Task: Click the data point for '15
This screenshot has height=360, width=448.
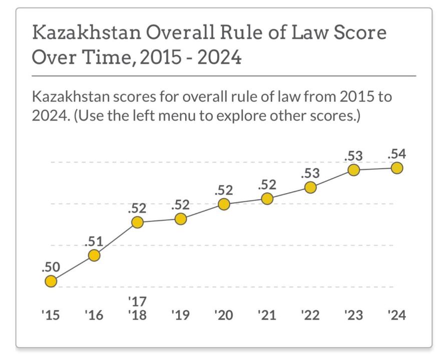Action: pyautogui.click(x=51, y=281)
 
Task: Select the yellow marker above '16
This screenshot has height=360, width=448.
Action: pyautogui.click(x=94, y=255)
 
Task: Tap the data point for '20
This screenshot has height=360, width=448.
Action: pyautogui.click(x=224, y=204)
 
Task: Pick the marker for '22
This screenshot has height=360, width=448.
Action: pyautogui.click(x=310, y=188)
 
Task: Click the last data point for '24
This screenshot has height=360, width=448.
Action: pyautogui.click(x=396, y=168)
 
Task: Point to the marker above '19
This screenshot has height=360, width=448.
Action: pyautogui.click(x=181, y=219)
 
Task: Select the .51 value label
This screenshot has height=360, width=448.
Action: pyautogui.click(x=94, y=241)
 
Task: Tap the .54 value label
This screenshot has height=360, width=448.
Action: pyautogui.click(x=396, y=154)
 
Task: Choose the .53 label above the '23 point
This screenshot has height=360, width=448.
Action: pyautogui.click(x=353, y=156)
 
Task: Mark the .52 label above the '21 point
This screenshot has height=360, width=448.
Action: pyautogui.click(x=267, y=185)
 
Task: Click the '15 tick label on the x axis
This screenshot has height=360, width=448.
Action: pyautogui.click(x=51, y=315)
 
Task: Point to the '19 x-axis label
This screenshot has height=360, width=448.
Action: pyautogui.click(x=181, y=315)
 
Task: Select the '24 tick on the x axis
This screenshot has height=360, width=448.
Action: pyautogui.click(x=396, y=315)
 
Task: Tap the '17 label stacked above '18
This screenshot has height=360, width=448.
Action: pyautogui.click(x=137, y=301)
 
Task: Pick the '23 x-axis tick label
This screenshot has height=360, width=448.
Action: pyautogui.click(x=353, y=315)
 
